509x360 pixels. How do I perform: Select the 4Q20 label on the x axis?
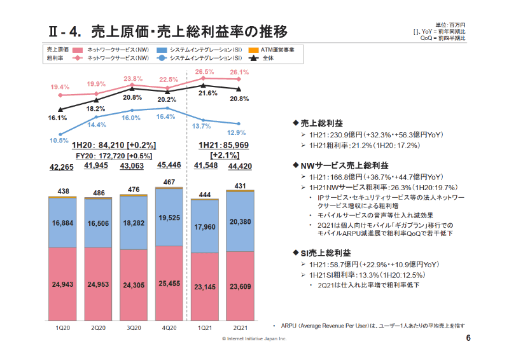[x=169, y=328]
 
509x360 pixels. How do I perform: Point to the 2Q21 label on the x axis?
[x=240, y=328]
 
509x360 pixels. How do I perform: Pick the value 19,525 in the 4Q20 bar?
[x=169, y=218]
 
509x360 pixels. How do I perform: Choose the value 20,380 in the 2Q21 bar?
[x=240, y=222]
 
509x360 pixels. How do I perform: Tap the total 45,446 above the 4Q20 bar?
[x=169, y=165]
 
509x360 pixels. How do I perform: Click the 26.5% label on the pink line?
[x=204, y=72]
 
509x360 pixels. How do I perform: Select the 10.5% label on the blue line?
[x=59, y=141]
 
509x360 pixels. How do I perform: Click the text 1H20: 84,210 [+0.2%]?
[x=114, y=144]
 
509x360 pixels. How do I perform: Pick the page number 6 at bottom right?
[x=468, y=338]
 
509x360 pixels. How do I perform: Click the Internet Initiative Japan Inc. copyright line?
[x=254, y=338]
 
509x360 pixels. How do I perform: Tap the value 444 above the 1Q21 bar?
[x=204, y=194]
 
